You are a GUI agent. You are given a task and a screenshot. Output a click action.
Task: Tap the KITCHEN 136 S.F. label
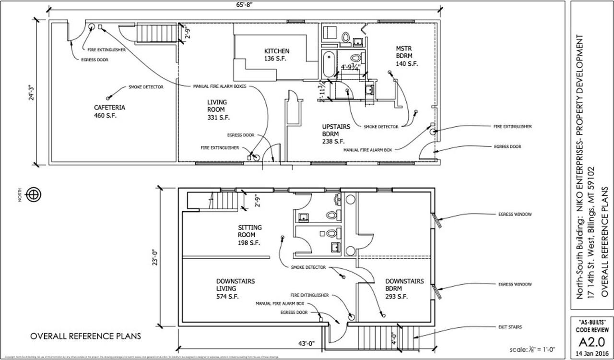point(277,55)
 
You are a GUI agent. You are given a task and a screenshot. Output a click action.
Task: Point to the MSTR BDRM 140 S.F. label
point(407,56)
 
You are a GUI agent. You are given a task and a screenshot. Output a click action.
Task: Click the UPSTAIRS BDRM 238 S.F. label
point(336,134)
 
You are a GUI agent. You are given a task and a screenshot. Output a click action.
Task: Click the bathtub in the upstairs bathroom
point(329,64)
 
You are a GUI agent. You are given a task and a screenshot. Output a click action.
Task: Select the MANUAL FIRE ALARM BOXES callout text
point(220,86)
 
